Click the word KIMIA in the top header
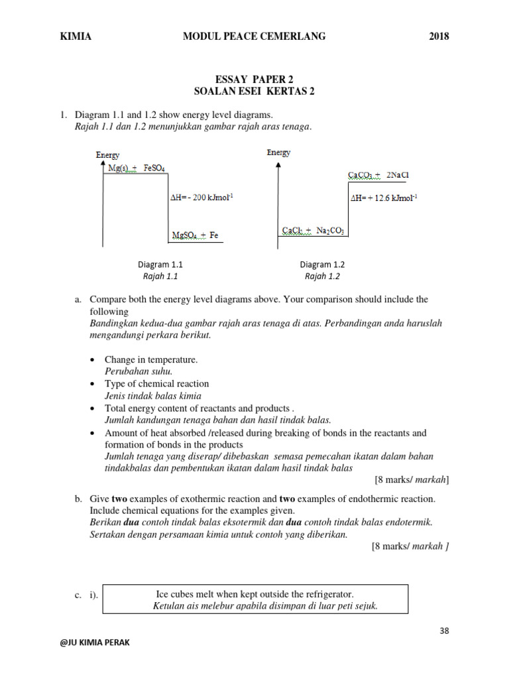(76, 37)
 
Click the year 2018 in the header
(438, 37)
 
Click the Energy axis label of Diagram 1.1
(107, 154)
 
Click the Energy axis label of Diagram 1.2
(278, 153)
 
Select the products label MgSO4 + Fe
(196, 235)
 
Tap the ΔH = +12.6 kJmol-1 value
(384, 198)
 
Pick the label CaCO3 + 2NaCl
(378, 175)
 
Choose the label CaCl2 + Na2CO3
(313, 231)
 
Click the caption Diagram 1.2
(322, 264)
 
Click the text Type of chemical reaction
(156, 384)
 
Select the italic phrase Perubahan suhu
(138, 371)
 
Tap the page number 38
(443, 631)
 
